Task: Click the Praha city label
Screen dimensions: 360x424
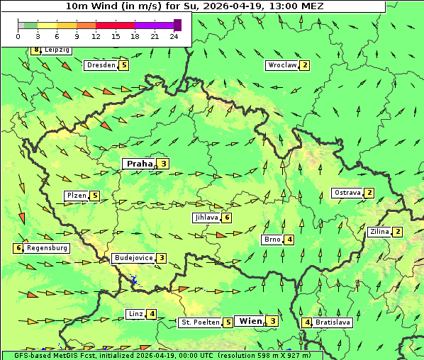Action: pyautogui.click(x=139, y=164)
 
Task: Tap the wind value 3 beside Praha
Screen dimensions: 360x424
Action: pyautogui.click(x=164, y=164)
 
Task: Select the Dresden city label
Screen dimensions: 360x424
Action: pyautogui.click(x=100, y=65)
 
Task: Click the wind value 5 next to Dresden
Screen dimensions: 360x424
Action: pyautogui.click(x=124, y=65)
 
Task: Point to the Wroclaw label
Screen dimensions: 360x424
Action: pyautogui.click(x=281, y=65)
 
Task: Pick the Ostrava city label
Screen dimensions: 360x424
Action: pyautogui.click(x=347, y=193)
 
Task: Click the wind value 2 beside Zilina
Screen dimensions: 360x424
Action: pyautogui.click(x=398, y=232)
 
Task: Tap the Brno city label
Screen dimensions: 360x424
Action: pyautogui.click(x=272, y=240)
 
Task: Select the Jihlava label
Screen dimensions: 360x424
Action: pyautogui.click(x=206, y=218)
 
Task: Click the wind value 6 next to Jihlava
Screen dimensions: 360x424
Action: pyautogui.click(x=227, y=218)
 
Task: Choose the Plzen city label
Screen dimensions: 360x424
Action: pyautogui.click(x=76, y=196)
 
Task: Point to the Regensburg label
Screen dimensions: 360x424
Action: pyautogui.click(x=47, y=248)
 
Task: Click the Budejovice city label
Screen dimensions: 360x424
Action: pyautogui.click(x=133, y=258)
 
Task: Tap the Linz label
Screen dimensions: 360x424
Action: pyautogui.click(x=135, y=314)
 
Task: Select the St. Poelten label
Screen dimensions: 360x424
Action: pyautogui.click(x=199, y=322)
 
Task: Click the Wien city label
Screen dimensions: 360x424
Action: pyautogui.click(x=251, y=321)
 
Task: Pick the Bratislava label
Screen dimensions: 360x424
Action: pyautogui.click(x=333, y=322)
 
